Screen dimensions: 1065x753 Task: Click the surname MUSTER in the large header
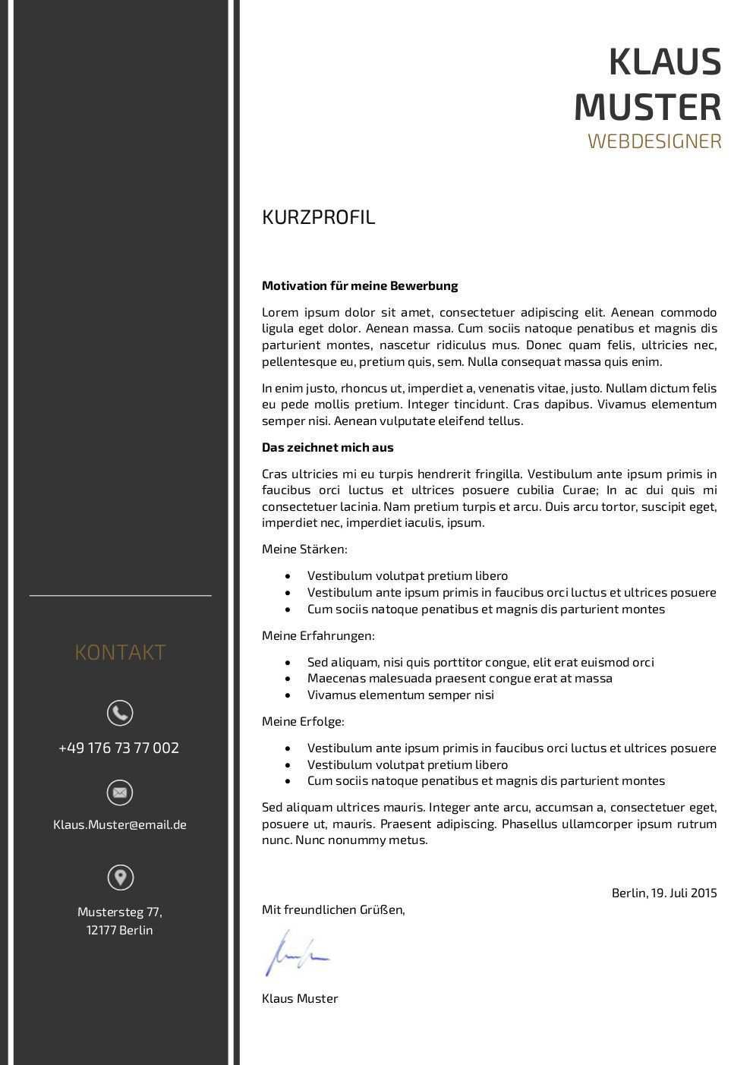(647, 106)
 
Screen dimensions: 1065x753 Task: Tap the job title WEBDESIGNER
(654, 141)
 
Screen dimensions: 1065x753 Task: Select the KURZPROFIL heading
(319, 217)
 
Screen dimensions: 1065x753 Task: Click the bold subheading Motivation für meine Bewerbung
(360, 286)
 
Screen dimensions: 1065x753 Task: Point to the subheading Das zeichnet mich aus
(328, 448)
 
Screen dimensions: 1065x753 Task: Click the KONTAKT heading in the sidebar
(120, 652)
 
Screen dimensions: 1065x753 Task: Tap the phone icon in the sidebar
(120, 713)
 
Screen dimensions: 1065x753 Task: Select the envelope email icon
(120, 792)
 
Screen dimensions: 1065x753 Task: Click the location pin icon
(120, 878)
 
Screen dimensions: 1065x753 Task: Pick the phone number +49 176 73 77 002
(119, 748)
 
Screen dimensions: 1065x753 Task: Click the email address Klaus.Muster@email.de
(120, 824)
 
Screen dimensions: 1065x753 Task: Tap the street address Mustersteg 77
(120, 912)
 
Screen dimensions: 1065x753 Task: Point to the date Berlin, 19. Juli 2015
(664, 893)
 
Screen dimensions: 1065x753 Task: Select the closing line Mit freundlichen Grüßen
(333, 909)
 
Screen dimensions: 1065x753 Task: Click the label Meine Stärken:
(304, 549)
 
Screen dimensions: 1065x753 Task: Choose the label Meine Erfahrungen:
(318, 635)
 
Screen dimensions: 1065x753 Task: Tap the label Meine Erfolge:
(303, 721)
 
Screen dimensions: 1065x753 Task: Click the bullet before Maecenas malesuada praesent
(288, 679)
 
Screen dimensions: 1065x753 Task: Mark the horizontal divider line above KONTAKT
(120, 596)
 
